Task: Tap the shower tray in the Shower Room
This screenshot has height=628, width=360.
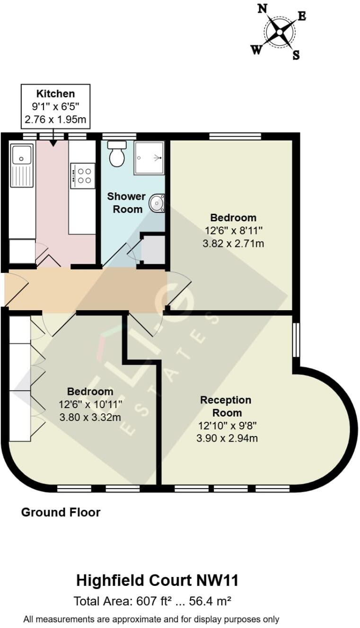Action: coord(149,158)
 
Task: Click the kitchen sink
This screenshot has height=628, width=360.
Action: coord(22,155)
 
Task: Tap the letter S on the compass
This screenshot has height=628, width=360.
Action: coord(296,55)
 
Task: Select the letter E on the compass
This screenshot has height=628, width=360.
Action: coord(302,16)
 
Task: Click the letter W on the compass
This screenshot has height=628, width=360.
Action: coord(256,50)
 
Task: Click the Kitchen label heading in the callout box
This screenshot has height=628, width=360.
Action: coord(56,94)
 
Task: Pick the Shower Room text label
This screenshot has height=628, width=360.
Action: coord(126,202)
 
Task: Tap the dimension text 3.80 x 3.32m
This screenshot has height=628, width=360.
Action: coord(90,417)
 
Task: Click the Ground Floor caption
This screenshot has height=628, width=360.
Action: coord(61,512)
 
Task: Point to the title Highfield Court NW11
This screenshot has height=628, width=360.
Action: coord(158,580)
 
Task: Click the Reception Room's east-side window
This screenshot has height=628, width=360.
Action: coord(296,340)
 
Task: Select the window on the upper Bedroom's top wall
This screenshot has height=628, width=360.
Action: coord(235,136)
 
